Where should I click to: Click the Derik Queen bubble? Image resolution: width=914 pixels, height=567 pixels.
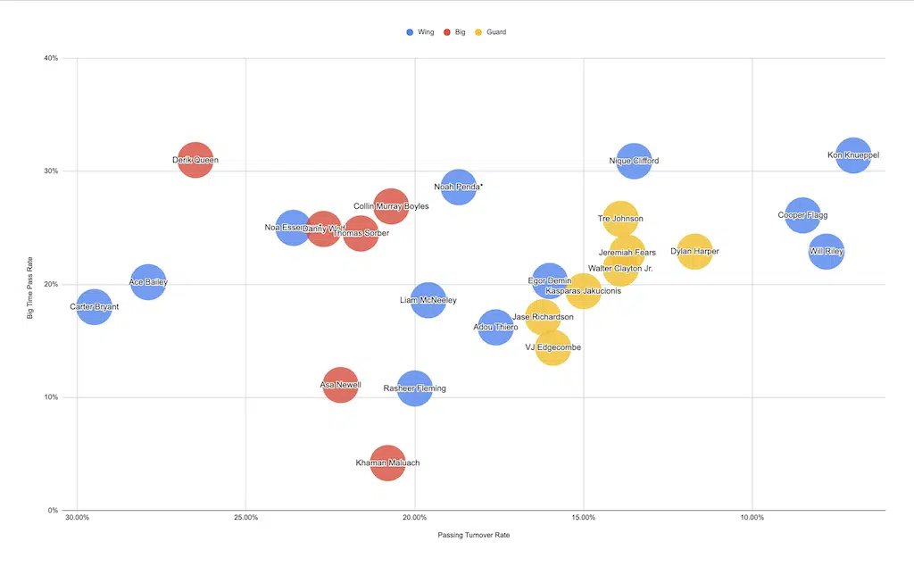(x=195, y=161)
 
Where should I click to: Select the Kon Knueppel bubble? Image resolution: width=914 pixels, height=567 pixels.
(x=852, y=155)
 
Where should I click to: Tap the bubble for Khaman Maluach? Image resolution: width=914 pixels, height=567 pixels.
(x=387, y=463)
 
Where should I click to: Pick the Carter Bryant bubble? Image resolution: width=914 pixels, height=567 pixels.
(x=94, y=307)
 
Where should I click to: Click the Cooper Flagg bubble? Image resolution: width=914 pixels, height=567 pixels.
(x=802, y=215)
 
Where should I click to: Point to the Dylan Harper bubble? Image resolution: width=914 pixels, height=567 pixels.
(x=694, y=252)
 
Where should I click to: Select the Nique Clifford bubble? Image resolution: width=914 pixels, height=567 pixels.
(x=634, y=161)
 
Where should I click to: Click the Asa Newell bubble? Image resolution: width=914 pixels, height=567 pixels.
(x=340, y=385)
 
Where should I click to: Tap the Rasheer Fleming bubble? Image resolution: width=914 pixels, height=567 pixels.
(x=414, y=388)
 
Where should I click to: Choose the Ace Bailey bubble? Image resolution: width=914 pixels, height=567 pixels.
(x=148, y=282)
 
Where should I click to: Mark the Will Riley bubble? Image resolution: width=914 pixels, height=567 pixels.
(x=827, y=252)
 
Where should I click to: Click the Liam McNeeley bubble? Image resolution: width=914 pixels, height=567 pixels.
(x=428, y=300)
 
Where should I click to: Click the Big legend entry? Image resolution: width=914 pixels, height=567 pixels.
(x=455, y=32)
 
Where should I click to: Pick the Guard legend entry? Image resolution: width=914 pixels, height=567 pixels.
(x=491, y=32)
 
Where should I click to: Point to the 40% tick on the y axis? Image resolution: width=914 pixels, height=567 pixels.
(x=50, y=58)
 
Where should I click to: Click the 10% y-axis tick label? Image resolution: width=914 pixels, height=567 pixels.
(x=50, y=397)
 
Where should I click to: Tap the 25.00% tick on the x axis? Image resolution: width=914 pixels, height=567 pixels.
(x=245, y=517)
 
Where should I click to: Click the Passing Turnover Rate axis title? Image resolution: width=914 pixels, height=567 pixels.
(x=473, y=536)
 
